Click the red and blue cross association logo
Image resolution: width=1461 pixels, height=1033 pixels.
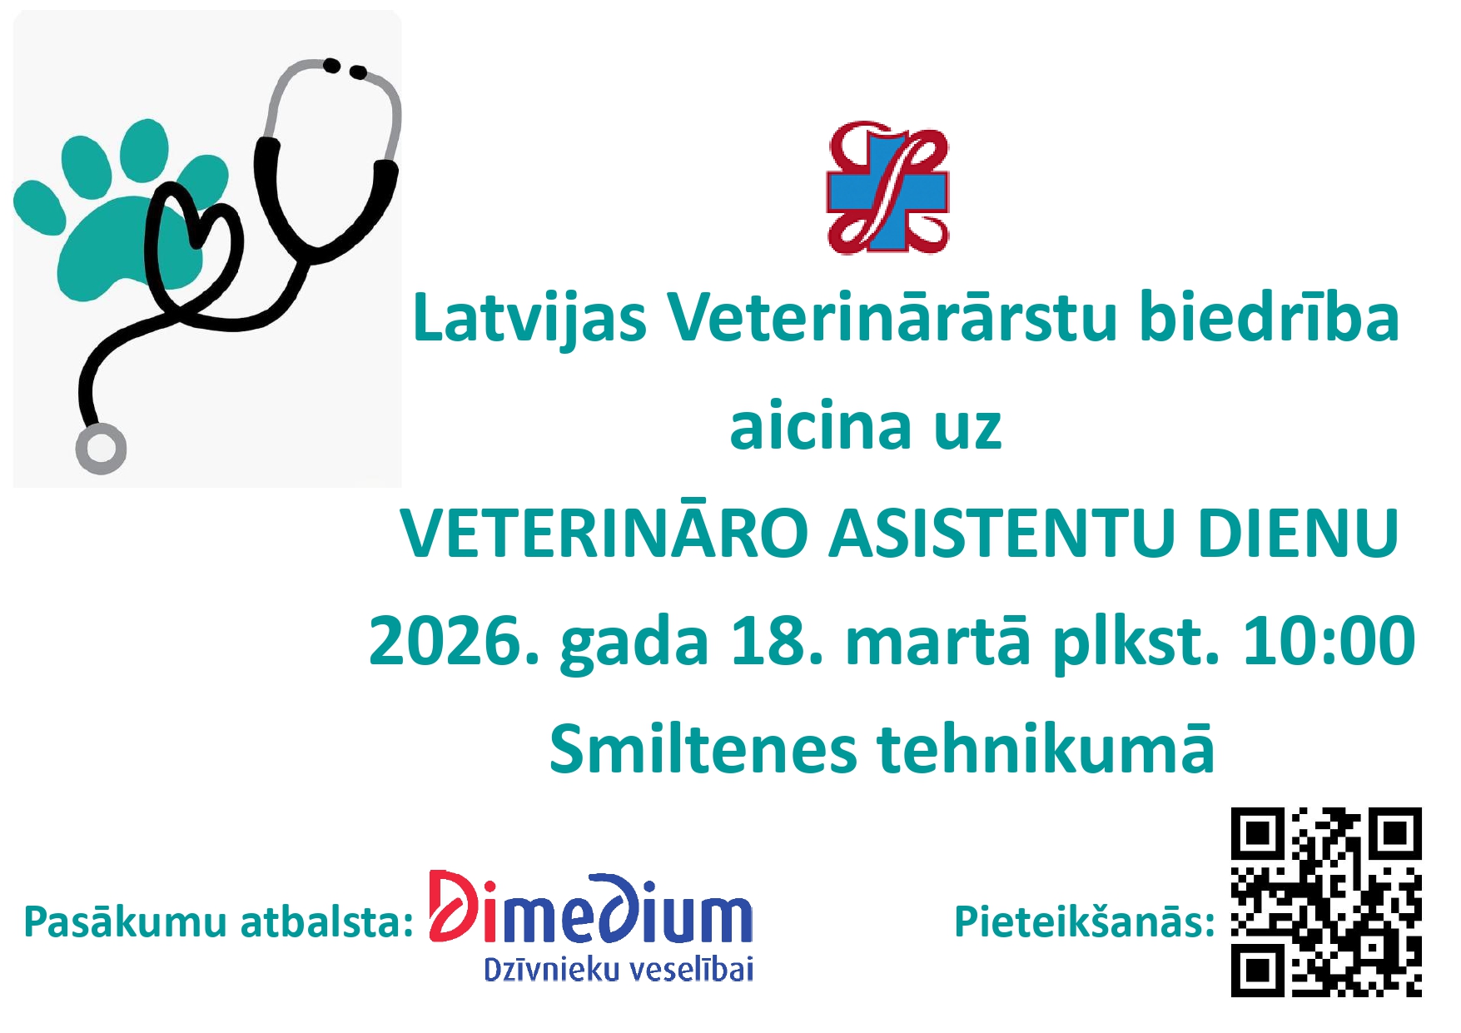click(x=887, y=187)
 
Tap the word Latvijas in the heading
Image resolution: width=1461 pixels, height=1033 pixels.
click(x=529, y=319)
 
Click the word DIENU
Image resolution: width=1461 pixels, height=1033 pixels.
click(x=1298, y=534)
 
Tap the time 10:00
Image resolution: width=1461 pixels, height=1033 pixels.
click(x=1329, y=641)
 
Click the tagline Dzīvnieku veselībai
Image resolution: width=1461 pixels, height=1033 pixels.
click(x=619, y=969)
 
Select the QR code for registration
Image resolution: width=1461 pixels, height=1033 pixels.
click(x=1326, y=901)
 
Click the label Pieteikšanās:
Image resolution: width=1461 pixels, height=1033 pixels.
click(x=1085, y=922)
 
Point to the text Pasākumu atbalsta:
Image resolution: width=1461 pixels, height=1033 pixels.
click(x=218, y=922)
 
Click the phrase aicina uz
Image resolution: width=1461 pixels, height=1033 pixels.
click(x=866, y=427)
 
